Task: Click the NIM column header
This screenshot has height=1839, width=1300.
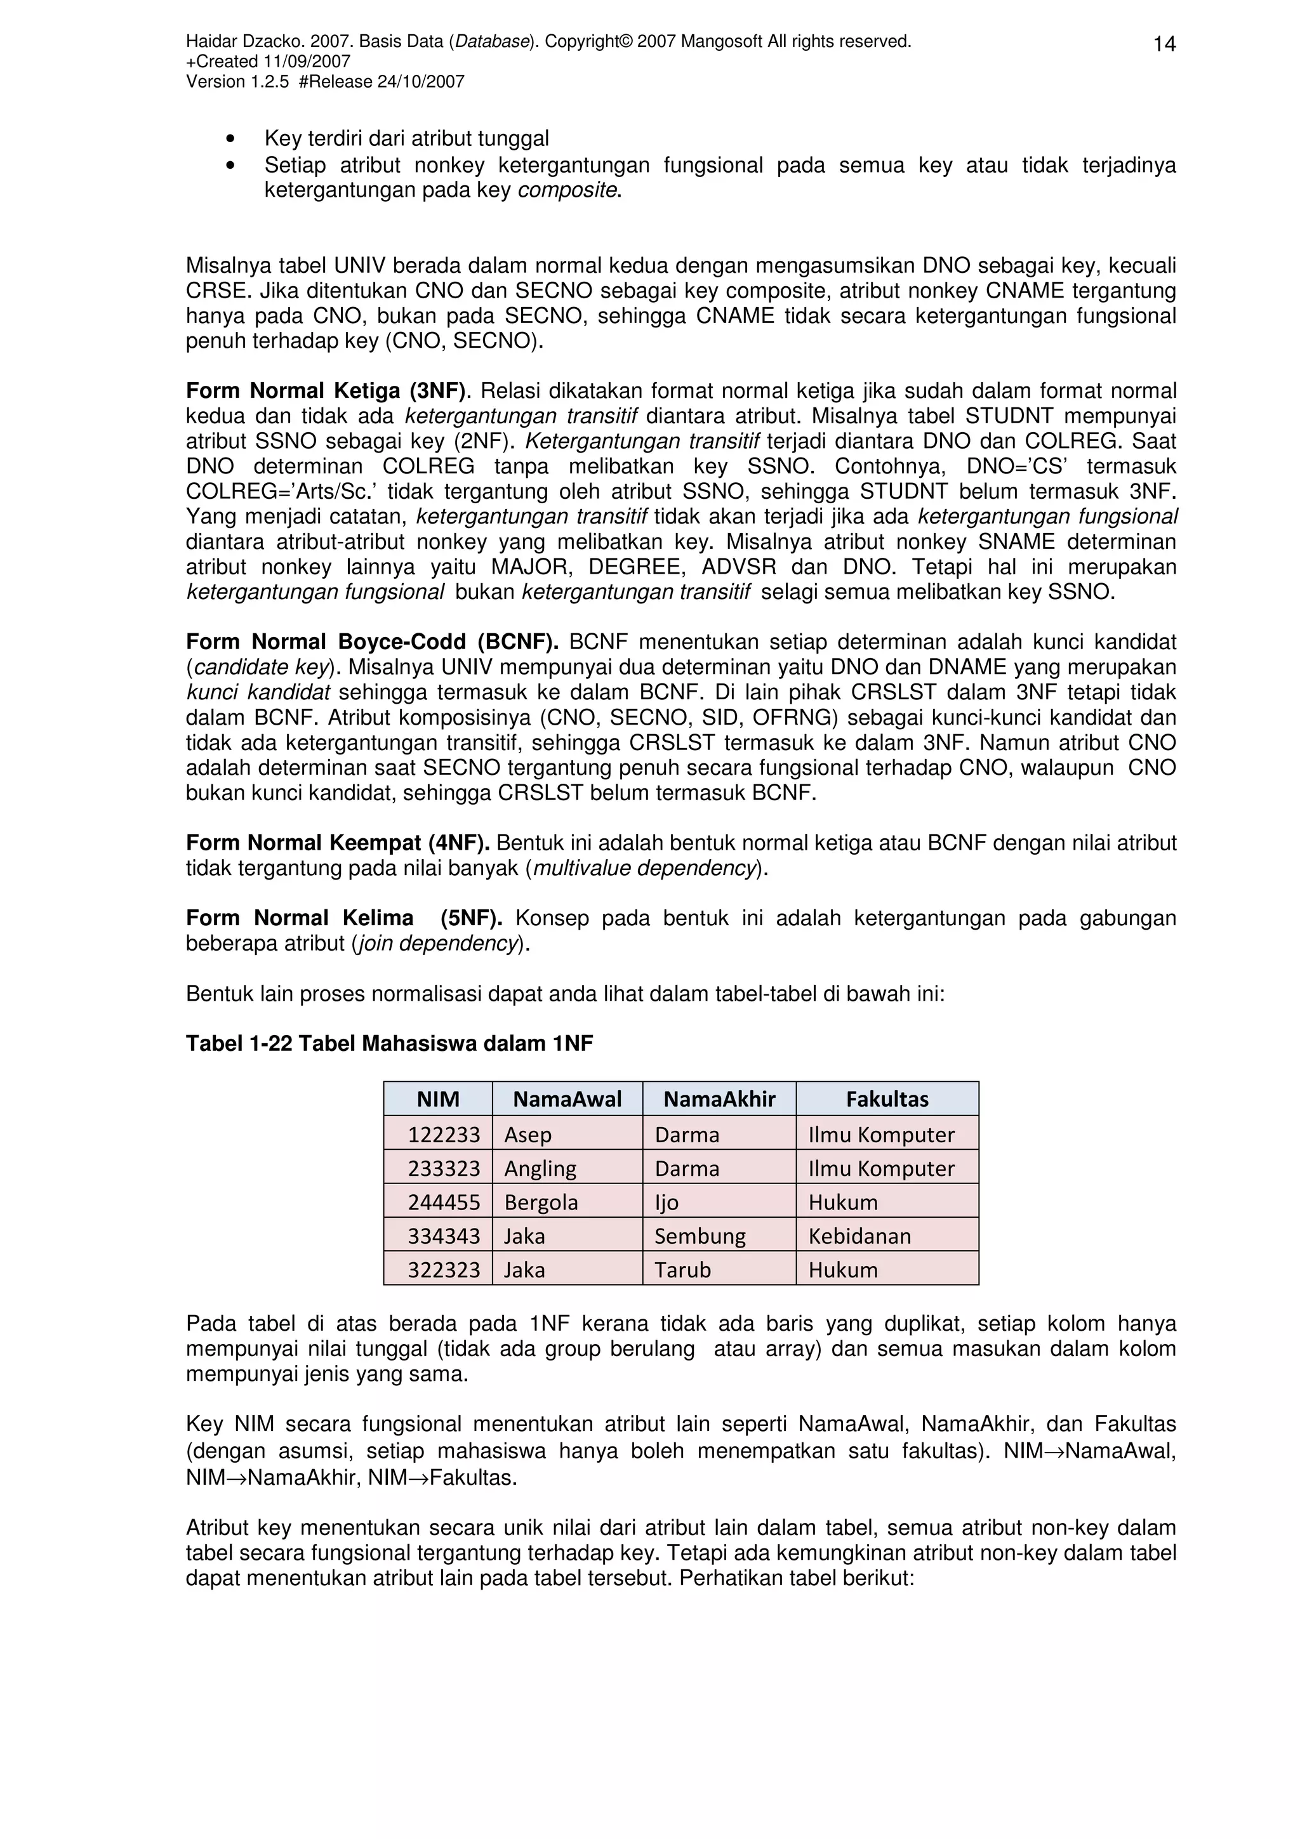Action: coord(437,1099)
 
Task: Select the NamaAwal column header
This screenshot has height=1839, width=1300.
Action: coord(567,1099)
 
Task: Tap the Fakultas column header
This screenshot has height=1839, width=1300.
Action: coord(887,1099)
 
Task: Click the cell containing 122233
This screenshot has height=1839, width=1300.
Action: coord(444,1134)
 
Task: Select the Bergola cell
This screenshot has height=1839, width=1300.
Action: coord(541,1203)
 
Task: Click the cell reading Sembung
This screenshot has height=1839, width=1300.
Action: coord(700,1236)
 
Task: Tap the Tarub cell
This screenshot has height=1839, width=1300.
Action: coord(682,1270)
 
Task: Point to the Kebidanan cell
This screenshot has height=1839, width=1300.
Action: coord(859,1236)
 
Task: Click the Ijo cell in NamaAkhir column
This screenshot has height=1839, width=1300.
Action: coord(667,1203)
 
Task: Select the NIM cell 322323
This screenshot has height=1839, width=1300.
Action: coord(444,1270)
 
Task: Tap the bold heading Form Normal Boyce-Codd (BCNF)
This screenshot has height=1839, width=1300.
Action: coord(373,642)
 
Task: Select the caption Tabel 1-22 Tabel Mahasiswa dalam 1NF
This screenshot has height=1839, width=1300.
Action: coord(389,1043)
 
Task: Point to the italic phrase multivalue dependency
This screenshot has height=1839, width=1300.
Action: coord(644,868)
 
